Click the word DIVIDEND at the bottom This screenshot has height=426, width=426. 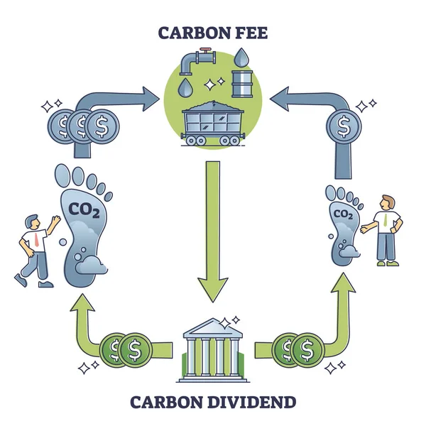[251, 403]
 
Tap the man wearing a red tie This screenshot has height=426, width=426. [34, 248]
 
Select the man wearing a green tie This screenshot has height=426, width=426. [384, 227]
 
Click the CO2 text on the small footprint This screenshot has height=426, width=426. [343, 214]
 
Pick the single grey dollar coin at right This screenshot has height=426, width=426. [344, 129]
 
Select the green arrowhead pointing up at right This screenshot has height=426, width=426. [344, 283]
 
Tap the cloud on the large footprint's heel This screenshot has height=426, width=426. [92, 266]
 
